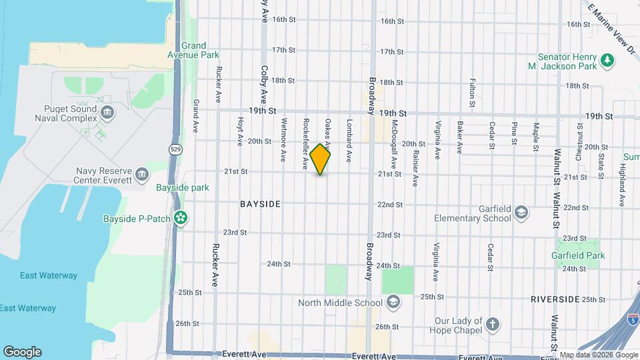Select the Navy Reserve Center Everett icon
click(141, 175)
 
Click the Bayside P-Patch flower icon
click(180, 217)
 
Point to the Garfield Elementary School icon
click(521, 213)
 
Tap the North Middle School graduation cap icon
click(393, 303)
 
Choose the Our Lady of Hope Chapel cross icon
click(492, 325)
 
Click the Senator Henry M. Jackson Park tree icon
click(606, 61)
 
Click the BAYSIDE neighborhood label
click(260, 203)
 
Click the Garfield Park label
click(578, 255)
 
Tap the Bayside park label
click(182, 188)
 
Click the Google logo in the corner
click(22, 352)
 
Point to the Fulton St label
click(472, 93)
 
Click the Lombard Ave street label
click(349, 141)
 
